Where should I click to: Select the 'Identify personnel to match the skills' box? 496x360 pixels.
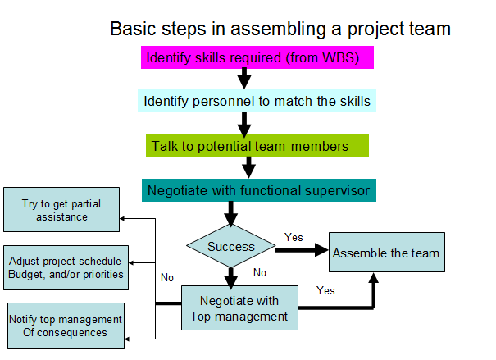tap(257, 102)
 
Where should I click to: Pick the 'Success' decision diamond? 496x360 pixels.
tap(230, 246)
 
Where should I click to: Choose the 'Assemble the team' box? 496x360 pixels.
tap(386, 253)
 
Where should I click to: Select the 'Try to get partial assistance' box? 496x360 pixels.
tap(61, 210)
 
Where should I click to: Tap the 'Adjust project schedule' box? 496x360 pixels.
tap(66, 267)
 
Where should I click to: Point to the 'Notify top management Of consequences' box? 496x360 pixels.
tap(66, 326)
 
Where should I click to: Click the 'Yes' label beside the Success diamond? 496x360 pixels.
tap(294, 237)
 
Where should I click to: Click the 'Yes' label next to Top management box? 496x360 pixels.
tap(325, 290)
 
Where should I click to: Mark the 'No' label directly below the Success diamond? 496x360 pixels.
tap(260, 272)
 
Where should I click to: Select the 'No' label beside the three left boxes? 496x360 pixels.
tap(167, 277)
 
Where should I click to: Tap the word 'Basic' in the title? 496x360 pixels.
tap(131, 30)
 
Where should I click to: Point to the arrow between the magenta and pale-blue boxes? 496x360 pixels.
tap(243, 79)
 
